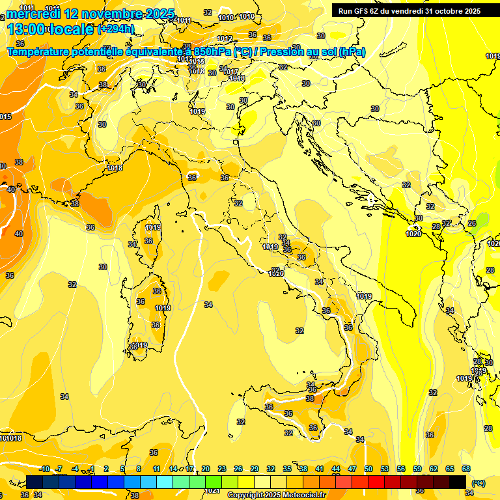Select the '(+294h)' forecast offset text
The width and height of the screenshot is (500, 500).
point(115,29)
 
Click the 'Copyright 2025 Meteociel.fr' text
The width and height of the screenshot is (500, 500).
point(276,495)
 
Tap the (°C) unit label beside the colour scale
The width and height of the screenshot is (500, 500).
point(478,483)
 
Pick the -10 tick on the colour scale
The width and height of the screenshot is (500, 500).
point(45,469)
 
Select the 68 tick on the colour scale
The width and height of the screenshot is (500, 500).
point(466,469)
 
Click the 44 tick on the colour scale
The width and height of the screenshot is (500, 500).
point(336,469)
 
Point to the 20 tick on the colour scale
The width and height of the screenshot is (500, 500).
point(206,469)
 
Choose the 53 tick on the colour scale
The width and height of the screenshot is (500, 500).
point(385,469)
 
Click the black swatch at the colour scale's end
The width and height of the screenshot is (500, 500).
point(458,482)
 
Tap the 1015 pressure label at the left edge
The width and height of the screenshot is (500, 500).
point(5,117)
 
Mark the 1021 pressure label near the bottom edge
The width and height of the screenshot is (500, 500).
point(212,490)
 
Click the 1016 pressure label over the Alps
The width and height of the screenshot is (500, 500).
point(237,79)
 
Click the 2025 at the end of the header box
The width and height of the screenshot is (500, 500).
point(471,11)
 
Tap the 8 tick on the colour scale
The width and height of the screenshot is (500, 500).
point(139,469)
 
